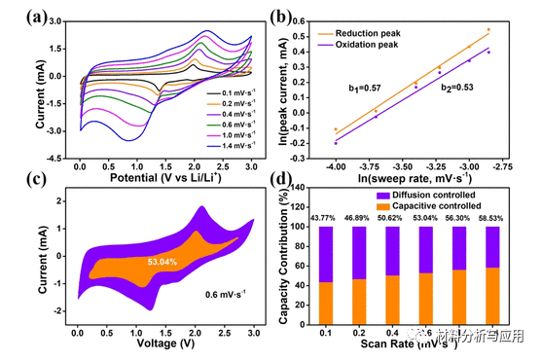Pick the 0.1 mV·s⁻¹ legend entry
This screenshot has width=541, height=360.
tap(233, 94)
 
